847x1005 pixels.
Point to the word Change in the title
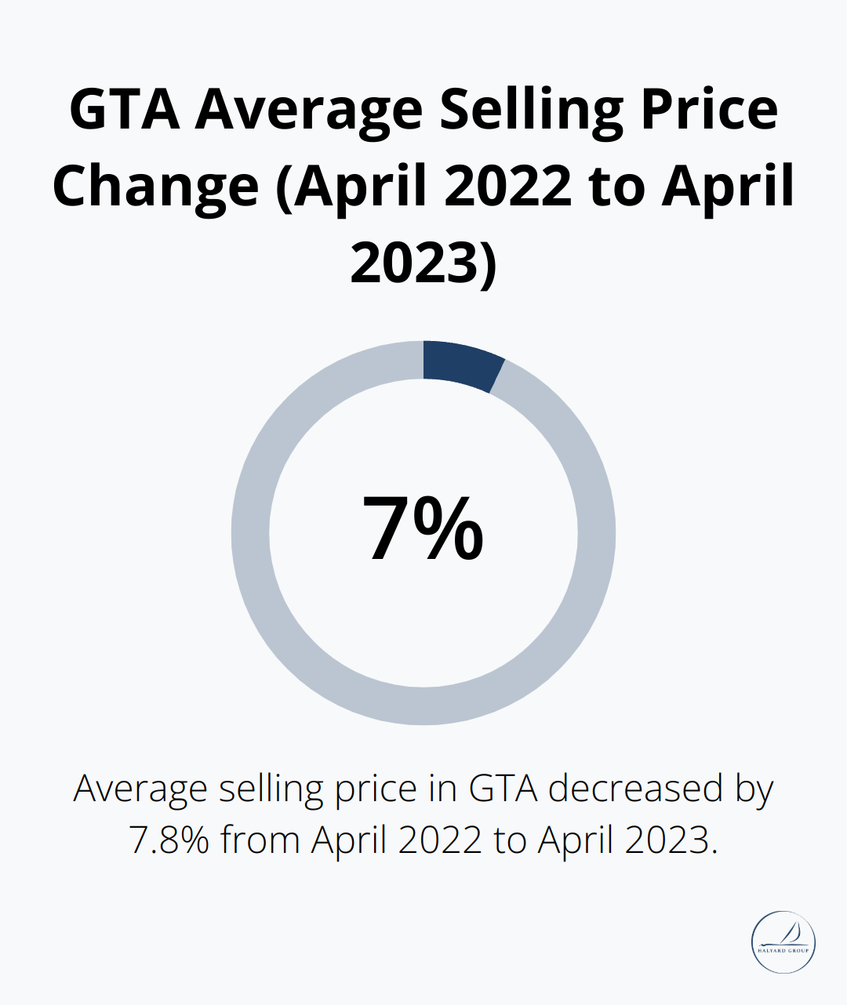155,186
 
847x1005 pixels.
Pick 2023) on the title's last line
423,263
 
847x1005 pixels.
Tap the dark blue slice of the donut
460,365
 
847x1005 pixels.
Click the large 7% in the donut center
423,529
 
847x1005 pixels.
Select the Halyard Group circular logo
783,942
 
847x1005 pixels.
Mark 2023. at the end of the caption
671,840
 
